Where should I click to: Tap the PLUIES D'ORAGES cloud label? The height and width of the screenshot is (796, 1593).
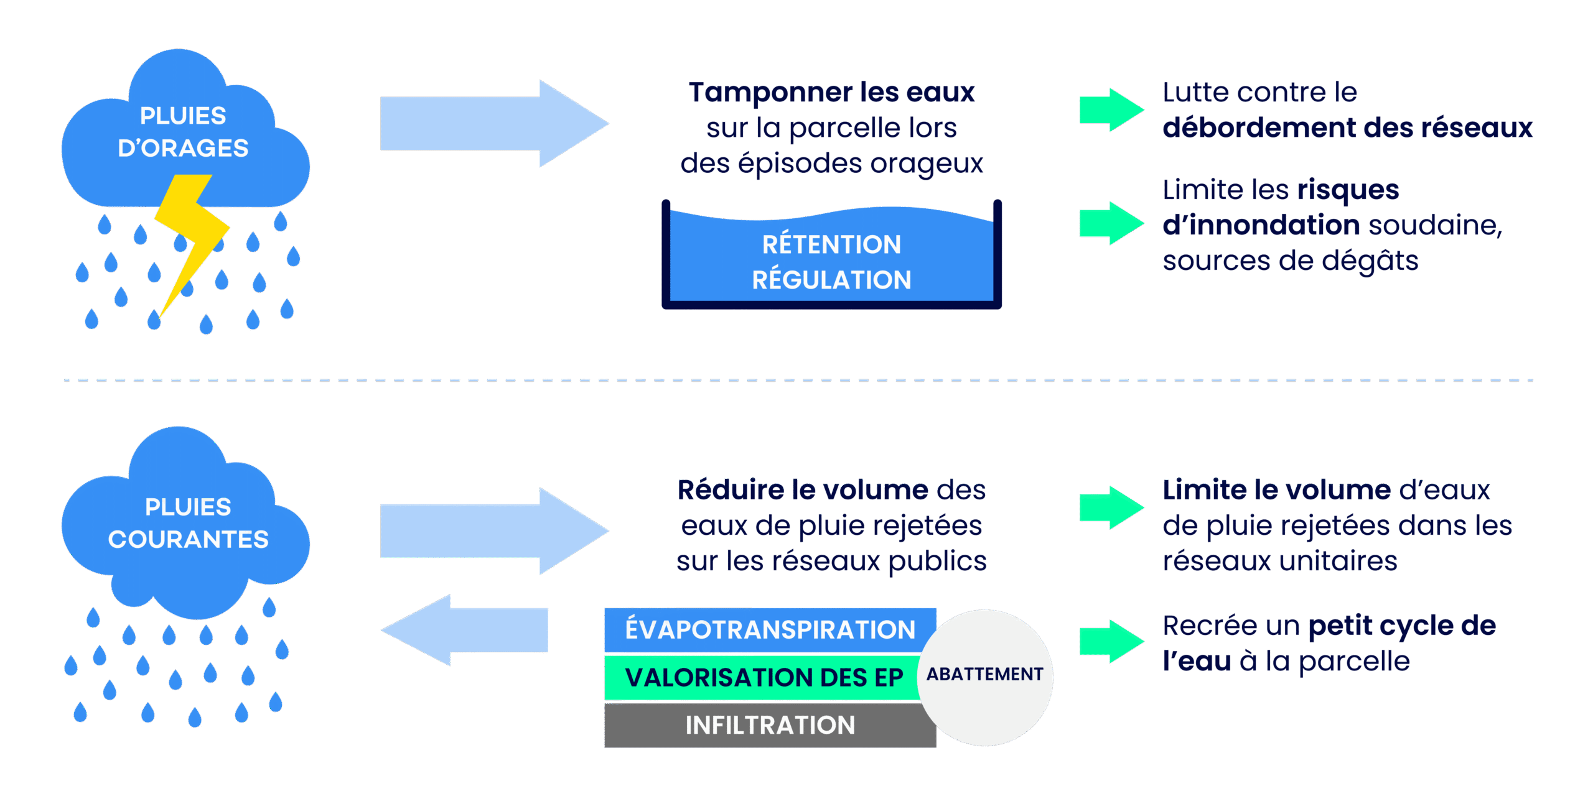(183, 132)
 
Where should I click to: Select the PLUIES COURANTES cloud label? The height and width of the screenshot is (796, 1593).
(188, 523)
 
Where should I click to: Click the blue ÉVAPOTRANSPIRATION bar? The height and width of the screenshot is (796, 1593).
(769, 629)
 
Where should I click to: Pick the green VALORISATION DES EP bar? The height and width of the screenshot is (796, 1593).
(763, 677)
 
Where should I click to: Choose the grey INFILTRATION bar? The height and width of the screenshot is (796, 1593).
(769, 725)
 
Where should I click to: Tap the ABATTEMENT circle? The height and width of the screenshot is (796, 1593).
(984, 675)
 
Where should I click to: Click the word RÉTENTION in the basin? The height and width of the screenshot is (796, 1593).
(831, 244)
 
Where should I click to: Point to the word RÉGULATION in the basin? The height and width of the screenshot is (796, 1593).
(831, 280)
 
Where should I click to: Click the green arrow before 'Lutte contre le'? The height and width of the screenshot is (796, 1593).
(1111, 110)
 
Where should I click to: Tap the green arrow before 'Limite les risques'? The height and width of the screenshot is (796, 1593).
(1111, 223)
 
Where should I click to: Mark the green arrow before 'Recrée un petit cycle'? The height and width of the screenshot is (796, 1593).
(1111, 641)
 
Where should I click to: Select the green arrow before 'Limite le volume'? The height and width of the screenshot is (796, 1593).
(1111, 507)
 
